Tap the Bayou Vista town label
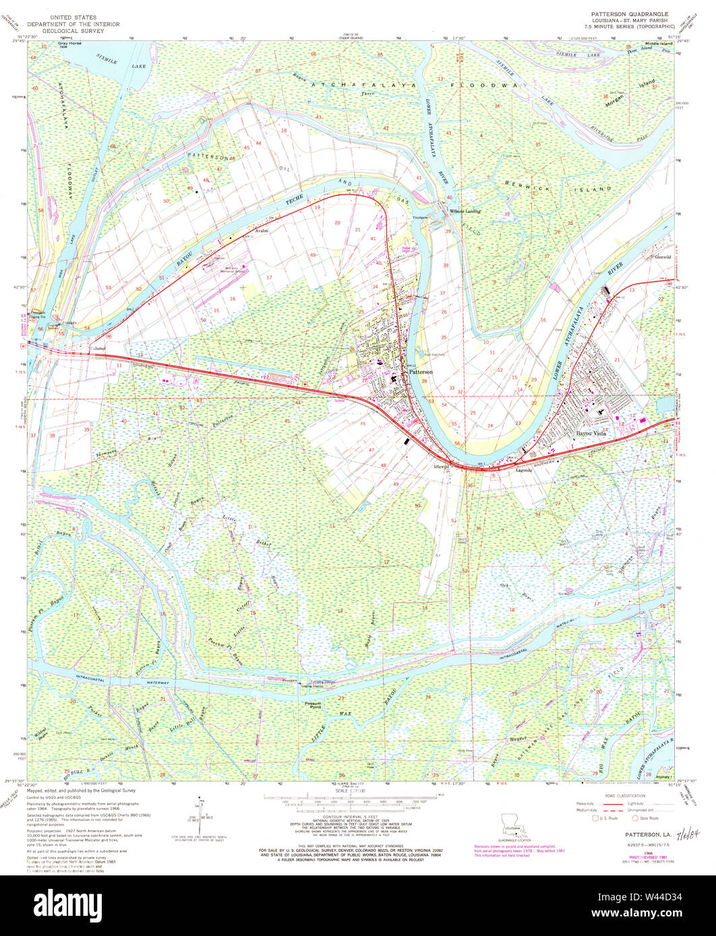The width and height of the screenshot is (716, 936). pyautogui.click(x=591, y=434)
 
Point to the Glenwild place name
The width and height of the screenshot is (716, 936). pyautogui.click(x=662, y=257)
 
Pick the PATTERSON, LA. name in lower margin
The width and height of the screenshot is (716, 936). pyautogui.click(x=640, y=834)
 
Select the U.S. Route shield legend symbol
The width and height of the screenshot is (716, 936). pyautogui.click(x=595, y=819)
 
